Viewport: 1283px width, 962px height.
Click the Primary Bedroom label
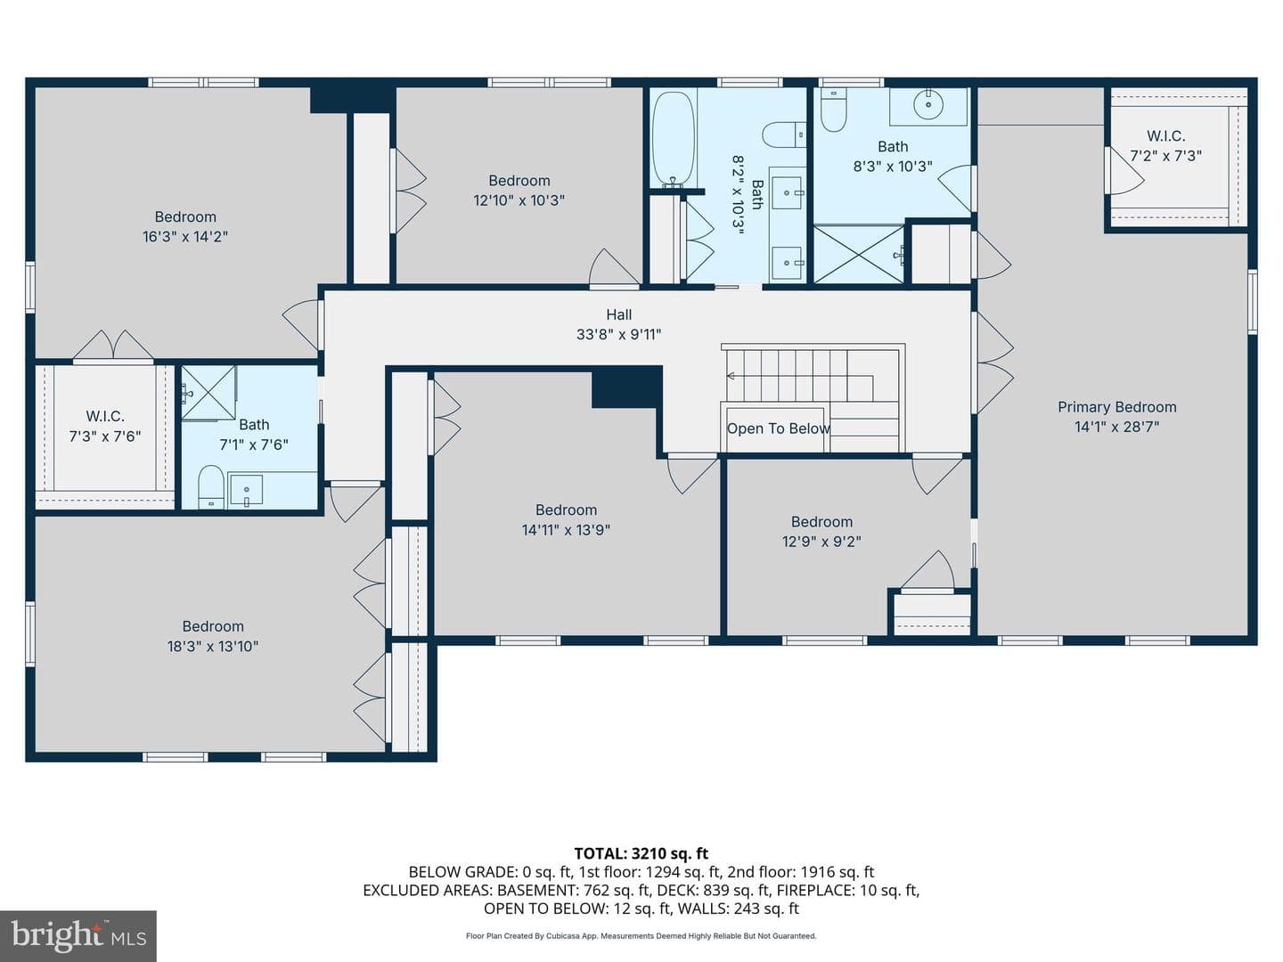point(1116,407)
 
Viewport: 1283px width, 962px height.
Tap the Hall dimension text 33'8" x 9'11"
point(618,335)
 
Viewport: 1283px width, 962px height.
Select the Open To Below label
point(778,428)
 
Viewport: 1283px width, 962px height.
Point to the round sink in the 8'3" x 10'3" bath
point(928,105)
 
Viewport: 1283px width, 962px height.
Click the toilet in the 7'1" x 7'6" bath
point(210,487)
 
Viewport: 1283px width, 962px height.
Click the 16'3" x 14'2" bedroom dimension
point(185,237)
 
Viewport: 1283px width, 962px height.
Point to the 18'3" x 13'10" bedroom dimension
point(213,646)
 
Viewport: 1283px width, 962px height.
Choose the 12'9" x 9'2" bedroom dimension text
point(821,542)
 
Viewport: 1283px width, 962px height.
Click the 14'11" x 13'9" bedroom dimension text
point(566,530)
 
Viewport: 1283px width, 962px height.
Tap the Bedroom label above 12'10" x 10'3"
point(519,181)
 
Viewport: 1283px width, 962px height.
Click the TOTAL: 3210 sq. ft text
point(641,854)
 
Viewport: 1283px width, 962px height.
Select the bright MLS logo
point(78,936)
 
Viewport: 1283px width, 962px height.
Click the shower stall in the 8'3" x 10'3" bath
point(859,255)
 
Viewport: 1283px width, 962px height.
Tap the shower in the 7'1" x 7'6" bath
point(208,393)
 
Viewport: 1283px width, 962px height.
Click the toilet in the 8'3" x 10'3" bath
point(833,110)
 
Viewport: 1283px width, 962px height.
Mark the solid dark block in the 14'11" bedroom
point(626,387)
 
